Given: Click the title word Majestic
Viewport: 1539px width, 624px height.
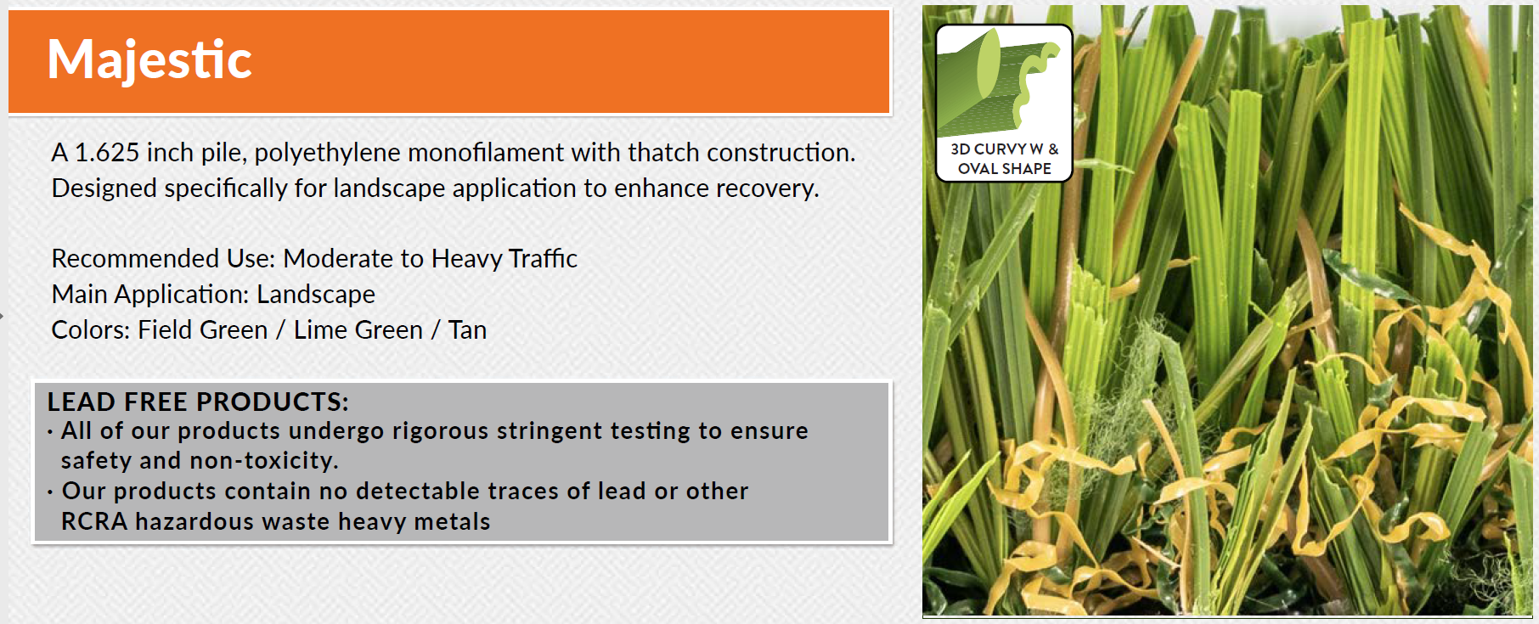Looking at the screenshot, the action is [149, 60].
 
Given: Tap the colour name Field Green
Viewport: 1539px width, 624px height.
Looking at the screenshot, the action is [202, 330].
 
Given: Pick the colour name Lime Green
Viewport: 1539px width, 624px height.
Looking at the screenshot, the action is [358, 330].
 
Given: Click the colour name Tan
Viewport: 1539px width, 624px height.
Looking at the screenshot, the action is [467, 330].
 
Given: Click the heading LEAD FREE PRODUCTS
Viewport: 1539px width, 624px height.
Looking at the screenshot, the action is [198, 402].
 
